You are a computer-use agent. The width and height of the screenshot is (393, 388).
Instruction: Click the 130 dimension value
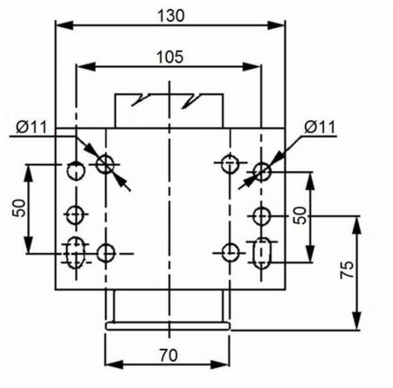point(171,16)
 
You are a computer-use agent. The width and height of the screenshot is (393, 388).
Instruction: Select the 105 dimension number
point(170,57)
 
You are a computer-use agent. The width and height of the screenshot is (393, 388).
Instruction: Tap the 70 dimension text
point(169,355)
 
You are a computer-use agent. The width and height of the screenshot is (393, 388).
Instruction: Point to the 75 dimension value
point(348,269)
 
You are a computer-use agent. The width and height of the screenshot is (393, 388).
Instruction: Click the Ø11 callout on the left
point(31,127)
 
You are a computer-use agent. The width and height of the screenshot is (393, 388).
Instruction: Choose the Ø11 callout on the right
point(320,127)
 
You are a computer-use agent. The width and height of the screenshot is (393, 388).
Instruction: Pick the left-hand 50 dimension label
point(19,208)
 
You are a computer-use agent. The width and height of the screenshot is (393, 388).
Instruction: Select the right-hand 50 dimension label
point(300,215)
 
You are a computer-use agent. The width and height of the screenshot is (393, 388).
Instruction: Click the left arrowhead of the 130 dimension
point(65,25)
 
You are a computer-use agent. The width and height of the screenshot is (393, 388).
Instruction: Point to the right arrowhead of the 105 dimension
point(252,67)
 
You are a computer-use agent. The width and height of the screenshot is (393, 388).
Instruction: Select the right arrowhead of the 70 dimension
point(220,364)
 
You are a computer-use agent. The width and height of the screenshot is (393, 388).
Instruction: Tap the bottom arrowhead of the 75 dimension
point(356,321)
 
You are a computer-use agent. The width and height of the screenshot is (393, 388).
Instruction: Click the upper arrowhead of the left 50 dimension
point(29,174)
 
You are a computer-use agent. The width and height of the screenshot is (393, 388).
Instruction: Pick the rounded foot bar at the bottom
point(168,326)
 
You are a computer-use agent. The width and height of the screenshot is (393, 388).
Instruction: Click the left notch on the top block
point(137,100)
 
